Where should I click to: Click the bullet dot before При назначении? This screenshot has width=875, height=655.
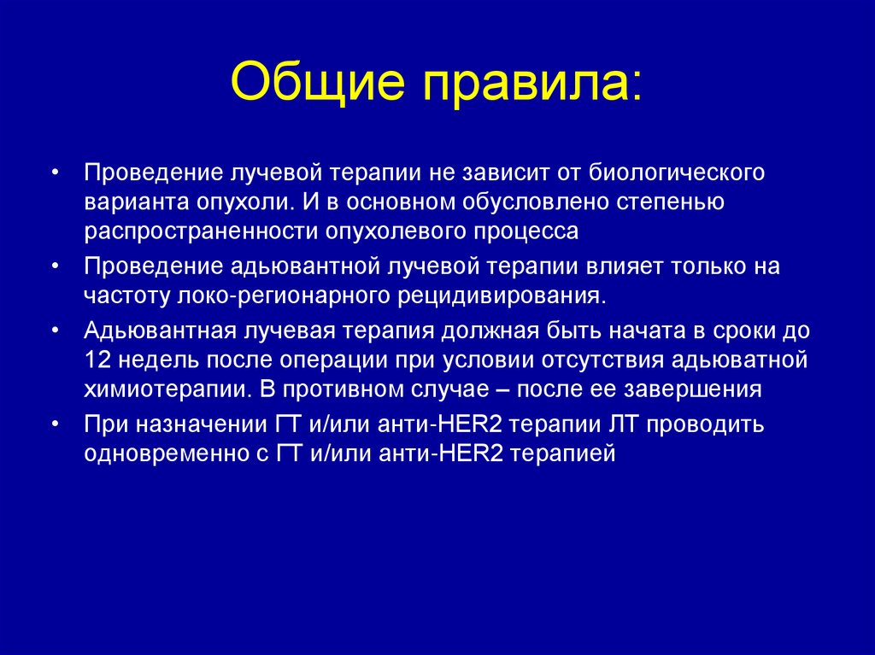56,424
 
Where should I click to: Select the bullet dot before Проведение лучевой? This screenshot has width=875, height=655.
56,173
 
